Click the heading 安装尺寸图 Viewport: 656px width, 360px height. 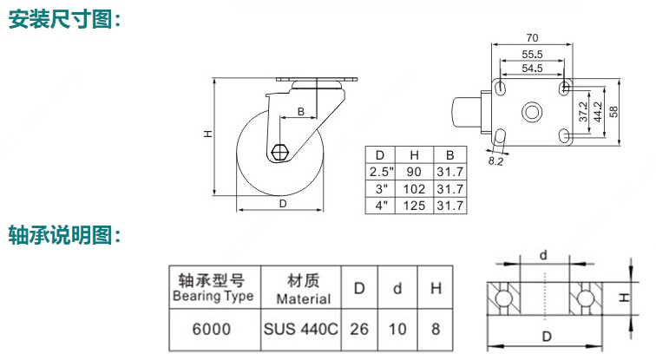click(x=63, y=20)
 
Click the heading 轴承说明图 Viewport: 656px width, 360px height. click(x=63, y=235)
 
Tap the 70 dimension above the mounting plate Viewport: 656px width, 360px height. click(x=532, y=37)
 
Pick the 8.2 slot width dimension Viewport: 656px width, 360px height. click(x=496, y=160)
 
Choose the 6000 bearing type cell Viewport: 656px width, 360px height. click(x=211, y=331)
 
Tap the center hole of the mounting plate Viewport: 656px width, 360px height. click(x=531, y=112)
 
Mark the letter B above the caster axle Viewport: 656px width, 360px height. click(x=300, y=112)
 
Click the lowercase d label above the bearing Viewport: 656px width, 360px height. click(x=543, y=254)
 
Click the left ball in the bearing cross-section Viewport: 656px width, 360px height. click(x=502, y=298)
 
